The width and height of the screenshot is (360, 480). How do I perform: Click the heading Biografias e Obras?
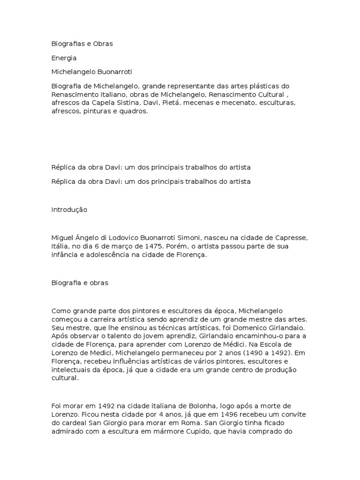pyautogui.click(x=82, y=44)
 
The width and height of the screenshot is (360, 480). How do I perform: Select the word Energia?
pyautogui.click(x=64, y=58)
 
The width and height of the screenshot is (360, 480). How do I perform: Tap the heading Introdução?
pyautogui.click(x=69, y=210)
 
